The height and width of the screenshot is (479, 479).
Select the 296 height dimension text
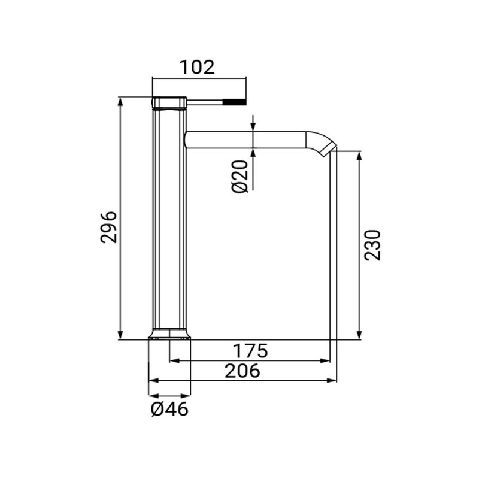tap(108, 226)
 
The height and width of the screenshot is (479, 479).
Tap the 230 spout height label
tap(372, 244)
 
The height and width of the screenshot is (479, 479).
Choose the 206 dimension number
tap(242, 371)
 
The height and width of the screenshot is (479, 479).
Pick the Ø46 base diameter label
tap(169, 410)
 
